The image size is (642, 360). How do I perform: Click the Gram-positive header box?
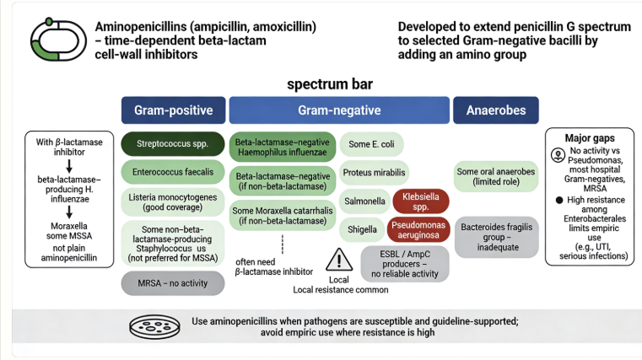pyautogui.click(x=173, y=110)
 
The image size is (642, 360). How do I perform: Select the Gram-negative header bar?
pyautogui.click(x=338, y=110)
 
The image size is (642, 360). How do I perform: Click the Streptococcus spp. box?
pyautogui.click(x=173, y=142)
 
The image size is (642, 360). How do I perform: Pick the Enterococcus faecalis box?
pyautogui.click(x=173, y=173)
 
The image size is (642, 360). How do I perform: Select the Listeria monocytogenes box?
pyautogui.click(x=173, y=202)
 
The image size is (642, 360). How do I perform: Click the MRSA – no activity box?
pyautogui.click(x=173, y=282)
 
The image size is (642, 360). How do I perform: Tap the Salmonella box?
pyautogui.click(x=364, y=201)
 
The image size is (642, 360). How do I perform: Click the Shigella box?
pyautogui.click(x=363, y=228)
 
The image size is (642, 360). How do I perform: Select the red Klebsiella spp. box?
pyautogui.click(x=419, y=201)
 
